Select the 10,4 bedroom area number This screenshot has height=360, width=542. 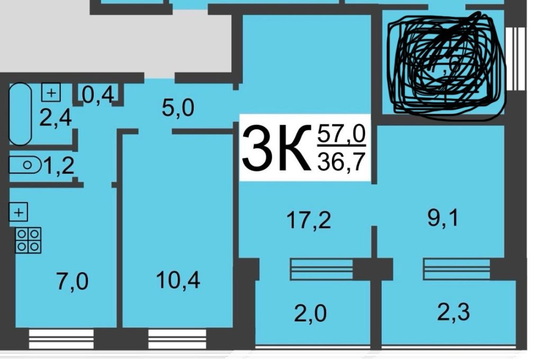pyautogui.click(x=178, y=280)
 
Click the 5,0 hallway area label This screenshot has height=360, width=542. pyautogui.click(x=177, y=108)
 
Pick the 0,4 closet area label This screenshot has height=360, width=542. pyautogui.click(x=98, y=95)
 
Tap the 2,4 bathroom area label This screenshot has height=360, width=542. pyautogui.click(x=56, y=118)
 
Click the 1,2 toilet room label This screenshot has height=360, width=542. pyautogui.click(x=58, y=166)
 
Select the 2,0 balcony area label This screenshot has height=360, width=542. pyautogui.click(x=310, y=314)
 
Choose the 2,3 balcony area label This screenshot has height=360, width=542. pyautogui.click(x=453, y=312)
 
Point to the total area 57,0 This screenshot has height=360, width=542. pyautogui.click(x=341, y=136)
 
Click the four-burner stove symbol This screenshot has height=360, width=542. pyautogui.click(x=28, y=240)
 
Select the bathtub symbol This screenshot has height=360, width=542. pyautogui.click(x=21, y=114)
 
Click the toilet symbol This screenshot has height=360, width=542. pyautogui.click(x=25, y=165)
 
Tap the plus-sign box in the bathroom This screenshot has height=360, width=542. pyautogui.click(x=51, y=93)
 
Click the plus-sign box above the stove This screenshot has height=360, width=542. pyautogui.click(x=19, y=213)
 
